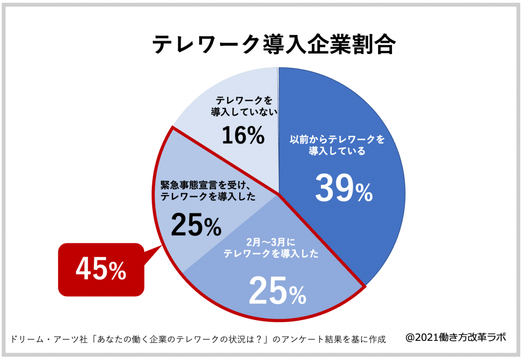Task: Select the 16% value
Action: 243,135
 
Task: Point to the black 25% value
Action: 196,225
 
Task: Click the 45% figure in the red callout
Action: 101,269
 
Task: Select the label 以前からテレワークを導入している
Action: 338,146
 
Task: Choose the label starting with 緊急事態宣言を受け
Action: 207,191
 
